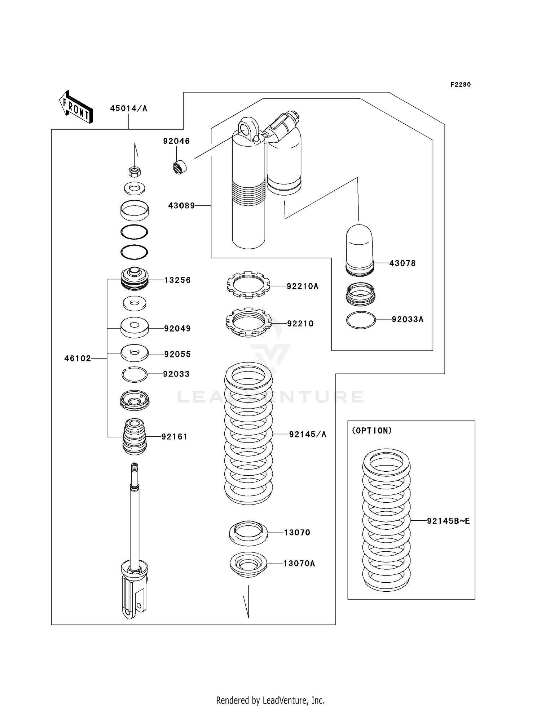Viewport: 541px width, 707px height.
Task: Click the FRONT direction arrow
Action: tap(76, 107)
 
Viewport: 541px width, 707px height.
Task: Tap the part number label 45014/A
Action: tap(128, 108)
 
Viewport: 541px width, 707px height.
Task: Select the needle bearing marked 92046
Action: tap(179, 168)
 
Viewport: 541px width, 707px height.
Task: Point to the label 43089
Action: tap(181, 206)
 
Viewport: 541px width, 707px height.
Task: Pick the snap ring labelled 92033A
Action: tap(361, 320)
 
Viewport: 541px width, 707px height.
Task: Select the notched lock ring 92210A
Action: tap(248, 285)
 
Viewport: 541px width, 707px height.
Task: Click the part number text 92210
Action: tap(300, 324)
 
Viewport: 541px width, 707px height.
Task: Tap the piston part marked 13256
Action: tap(135, 279)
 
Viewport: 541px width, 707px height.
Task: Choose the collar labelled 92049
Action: tap(135, 327)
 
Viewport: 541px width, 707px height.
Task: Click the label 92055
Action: tap(177, 354)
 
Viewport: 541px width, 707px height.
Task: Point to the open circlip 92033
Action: tap(135, 375)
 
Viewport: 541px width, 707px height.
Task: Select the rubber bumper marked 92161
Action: tap(135, 436)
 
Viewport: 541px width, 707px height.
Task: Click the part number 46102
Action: tap(78, 359)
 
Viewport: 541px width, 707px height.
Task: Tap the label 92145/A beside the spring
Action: tap(308, 435)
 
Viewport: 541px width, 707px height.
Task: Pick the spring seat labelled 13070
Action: tap(248, 533)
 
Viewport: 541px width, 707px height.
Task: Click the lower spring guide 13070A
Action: tap(248, 564)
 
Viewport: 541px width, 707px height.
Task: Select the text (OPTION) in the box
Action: tap(372, 431)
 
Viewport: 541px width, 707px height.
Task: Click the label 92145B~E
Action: tap(448, 521)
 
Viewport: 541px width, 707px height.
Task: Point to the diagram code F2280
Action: tap(460, 85)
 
